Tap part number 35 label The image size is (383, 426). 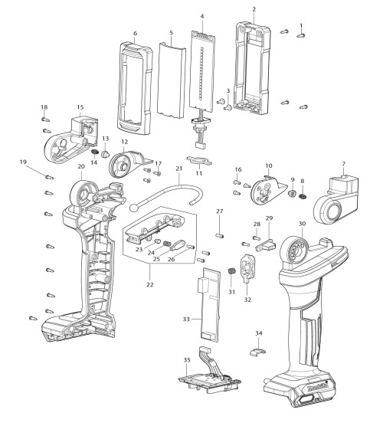coord(187,359)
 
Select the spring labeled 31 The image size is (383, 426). coord(231,272)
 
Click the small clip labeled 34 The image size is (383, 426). coord(257,352)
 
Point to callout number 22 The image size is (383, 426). coord(150,284)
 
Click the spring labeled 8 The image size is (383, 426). coord(303,195)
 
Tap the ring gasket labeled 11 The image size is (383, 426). coord(199,161)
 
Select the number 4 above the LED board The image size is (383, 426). coord(202,16)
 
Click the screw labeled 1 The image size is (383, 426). coord(301,35)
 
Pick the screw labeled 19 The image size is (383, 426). coord(49,177)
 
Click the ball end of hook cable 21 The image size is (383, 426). coord(134,208)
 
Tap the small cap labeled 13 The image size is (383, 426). coord(105,154)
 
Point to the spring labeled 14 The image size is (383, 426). coord(94,152)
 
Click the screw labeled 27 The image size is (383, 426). coord(220,236)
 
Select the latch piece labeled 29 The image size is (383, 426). coord(266,245)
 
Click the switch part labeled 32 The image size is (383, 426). coord(247,268)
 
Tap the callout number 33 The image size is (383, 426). coord(186,319)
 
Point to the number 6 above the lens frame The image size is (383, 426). coord(136,33)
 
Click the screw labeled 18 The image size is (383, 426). coord(46,119)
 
